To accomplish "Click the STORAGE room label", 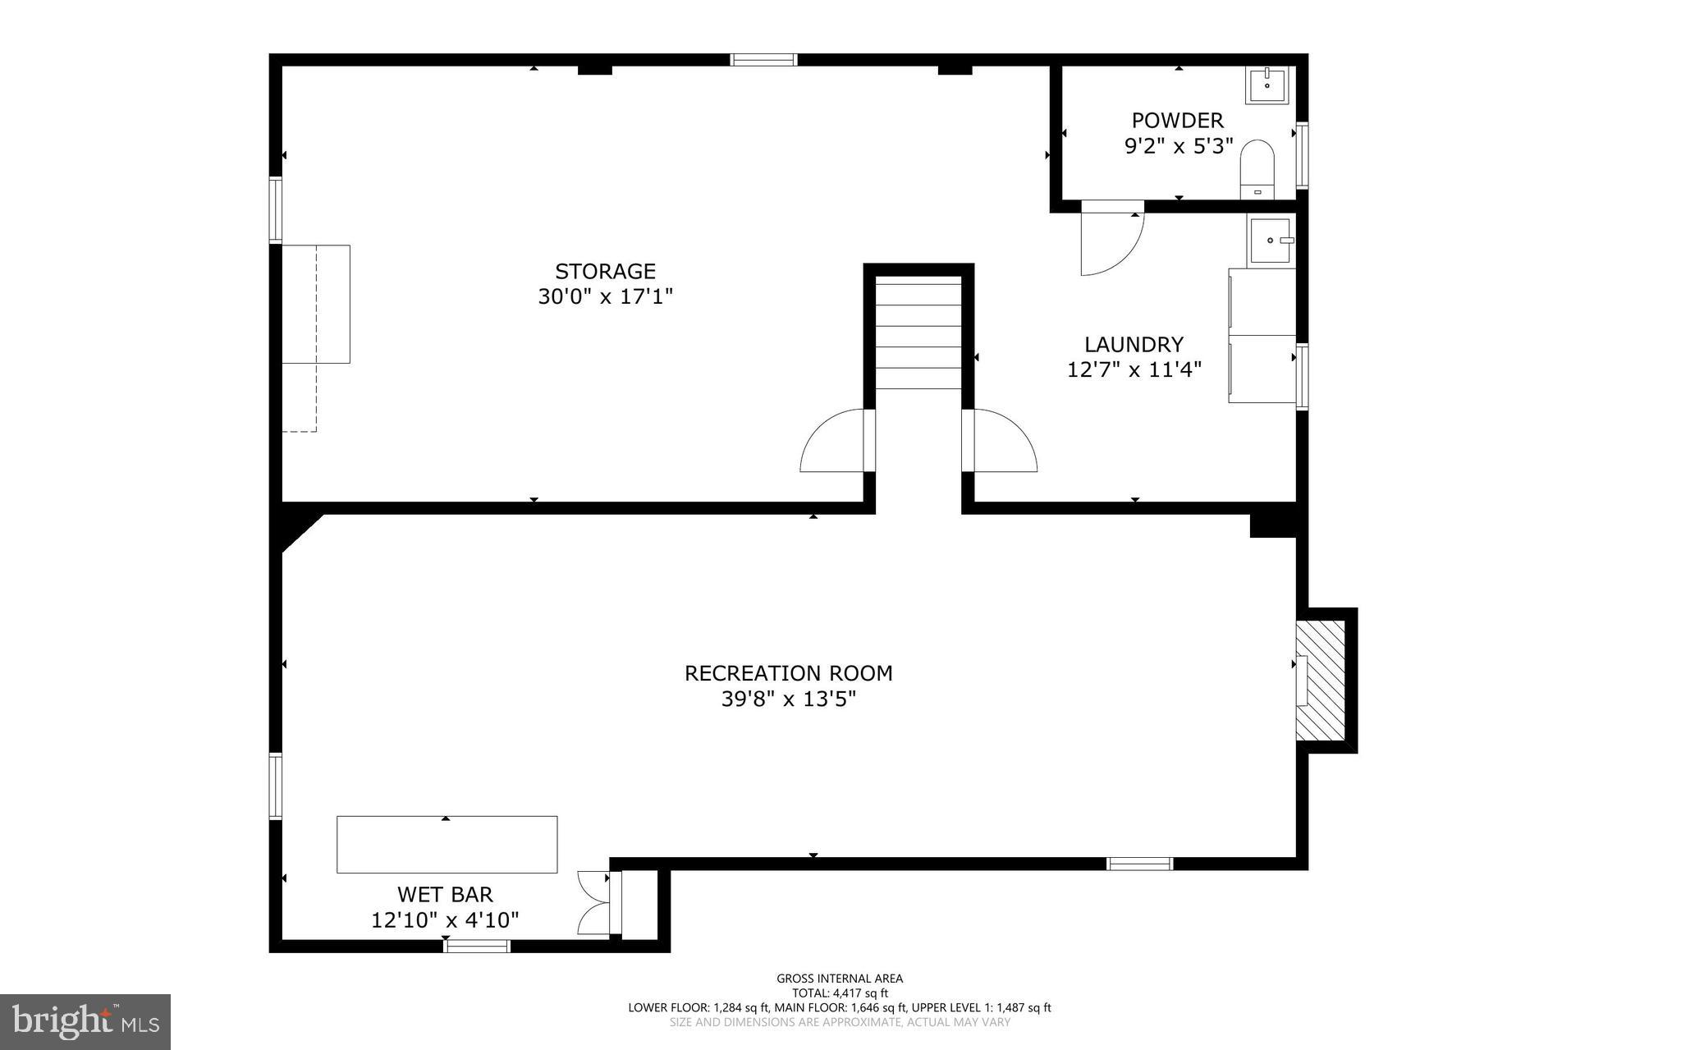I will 605,271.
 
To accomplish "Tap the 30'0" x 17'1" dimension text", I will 605,296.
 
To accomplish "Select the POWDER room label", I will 1177,121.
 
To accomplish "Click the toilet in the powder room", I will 1257,168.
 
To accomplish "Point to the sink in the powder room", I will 1267,85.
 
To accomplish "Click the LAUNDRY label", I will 1134,344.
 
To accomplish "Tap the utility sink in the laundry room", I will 1271,241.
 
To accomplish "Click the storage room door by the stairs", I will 833,443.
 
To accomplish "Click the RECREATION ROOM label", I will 788,673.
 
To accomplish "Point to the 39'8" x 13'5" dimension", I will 788,699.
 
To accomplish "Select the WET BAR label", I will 445,894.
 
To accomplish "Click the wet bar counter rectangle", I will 447,844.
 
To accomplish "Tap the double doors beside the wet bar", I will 593,902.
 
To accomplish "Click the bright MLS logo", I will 85,1021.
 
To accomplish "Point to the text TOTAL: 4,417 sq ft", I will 840,993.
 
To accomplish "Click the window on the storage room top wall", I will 763,59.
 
